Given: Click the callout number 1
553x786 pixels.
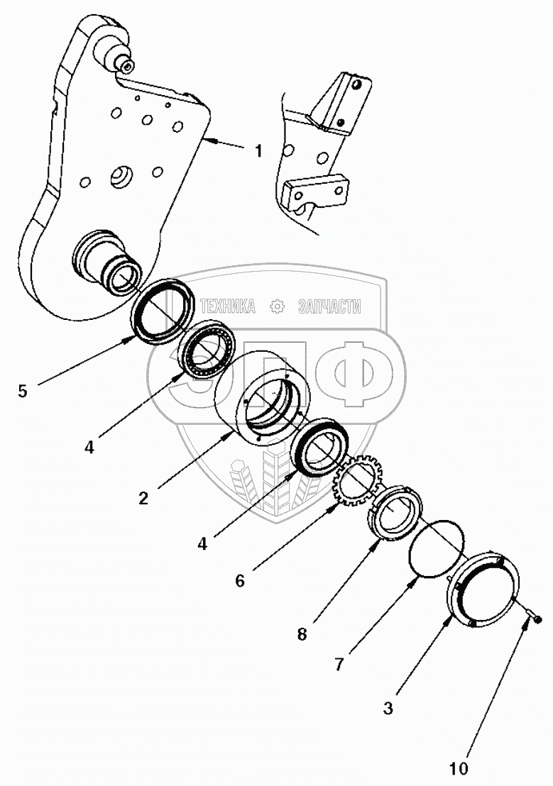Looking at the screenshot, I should pyautogui.click(x=258, y=151).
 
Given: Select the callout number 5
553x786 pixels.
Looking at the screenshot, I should pyautogui.click(x=23, y=391).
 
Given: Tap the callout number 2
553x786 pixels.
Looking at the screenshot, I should pyautogui.click(x=143, y=498).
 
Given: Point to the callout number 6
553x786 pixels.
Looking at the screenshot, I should pyautogui.click(x=239, y=580).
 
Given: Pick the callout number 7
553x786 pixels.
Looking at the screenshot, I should pyautogui.click(x=339, y=665).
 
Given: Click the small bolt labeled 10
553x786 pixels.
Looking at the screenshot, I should pyautogui.click(x=533, y=618).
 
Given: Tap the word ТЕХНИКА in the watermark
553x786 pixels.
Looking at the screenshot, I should pyautogui.click(x=228, y=306).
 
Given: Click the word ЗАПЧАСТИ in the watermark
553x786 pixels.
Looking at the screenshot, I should pyautogui.click(x=329, y=306).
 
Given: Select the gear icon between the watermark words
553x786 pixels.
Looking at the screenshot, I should pyautogui.click(x=278, y=306).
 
